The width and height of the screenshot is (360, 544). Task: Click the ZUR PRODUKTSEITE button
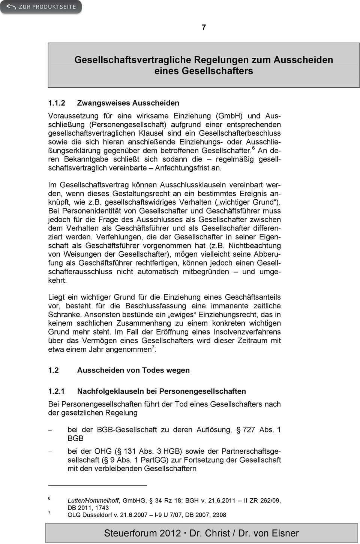(x=41, y=7)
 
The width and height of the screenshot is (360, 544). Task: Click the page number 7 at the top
(x=204, y=27)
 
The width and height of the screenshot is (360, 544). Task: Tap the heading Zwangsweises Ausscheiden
(x=128, y=103)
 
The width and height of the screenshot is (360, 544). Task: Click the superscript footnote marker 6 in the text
(x=253, y=149)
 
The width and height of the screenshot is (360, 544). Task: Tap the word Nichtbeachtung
(x=255, y=246)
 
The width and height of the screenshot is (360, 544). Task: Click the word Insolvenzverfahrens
(x=247, y=332)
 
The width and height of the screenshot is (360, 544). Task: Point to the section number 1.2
(x=54, y=370)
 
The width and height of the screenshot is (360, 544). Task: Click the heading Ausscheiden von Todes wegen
(x=133, y=370)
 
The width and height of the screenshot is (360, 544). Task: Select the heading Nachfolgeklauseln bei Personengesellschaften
(x=162, y=391)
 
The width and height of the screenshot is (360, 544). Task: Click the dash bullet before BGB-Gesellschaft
(x=50, y=430)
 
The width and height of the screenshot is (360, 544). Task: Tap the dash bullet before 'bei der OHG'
(x=50, y=451)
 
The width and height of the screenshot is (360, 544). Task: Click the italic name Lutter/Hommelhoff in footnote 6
(x=93, y=501)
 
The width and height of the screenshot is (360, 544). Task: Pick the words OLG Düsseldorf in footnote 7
(x=88, y=515)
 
